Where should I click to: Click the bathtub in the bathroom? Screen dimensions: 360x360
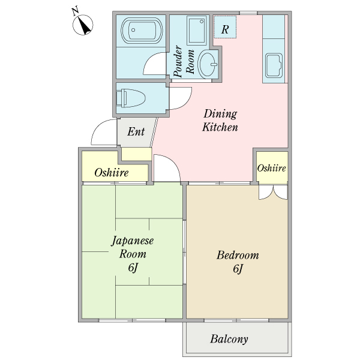tap(142, 30)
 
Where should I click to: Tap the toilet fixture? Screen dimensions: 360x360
tap(131, 98)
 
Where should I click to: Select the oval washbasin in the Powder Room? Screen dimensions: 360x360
tap(208, 65)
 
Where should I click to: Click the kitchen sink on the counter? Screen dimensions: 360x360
tap(274, 65)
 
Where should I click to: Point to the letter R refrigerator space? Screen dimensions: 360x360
tap(225, 29)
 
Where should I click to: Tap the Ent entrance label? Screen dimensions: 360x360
tap(136, 131)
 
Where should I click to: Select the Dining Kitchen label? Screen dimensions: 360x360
tap(220, 121)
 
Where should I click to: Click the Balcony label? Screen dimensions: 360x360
tap(229, 339)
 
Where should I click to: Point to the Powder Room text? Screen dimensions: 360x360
tap(184, 62)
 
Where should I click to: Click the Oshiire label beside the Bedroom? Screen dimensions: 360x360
tap(271, 168)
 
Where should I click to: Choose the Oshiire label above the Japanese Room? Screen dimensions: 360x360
tap(112, 173)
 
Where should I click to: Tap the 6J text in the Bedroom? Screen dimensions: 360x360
tap(238, 269)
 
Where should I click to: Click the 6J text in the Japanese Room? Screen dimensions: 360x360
tap(133, 268)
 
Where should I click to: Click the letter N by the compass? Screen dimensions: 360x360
tap(75, 11)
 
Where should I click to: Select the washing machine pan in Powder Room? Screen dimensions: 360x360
tap(197, 31)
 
